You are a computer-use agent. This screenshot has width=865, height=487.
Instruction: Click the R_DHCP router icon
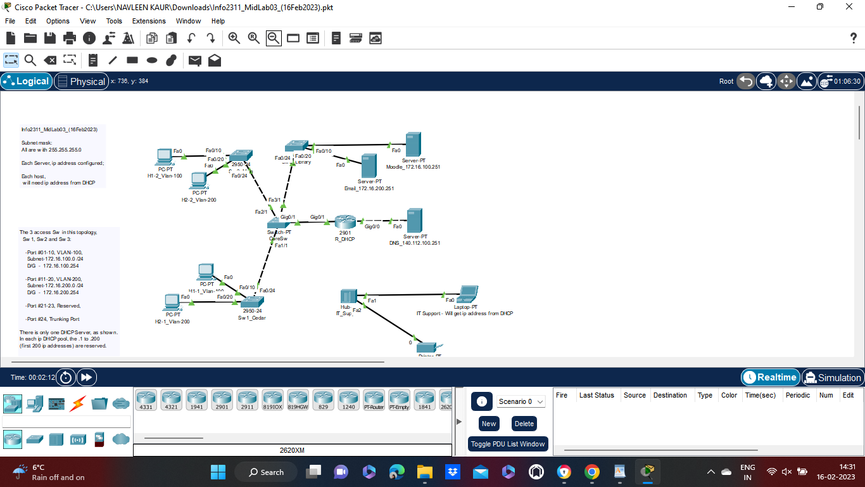click(346, 222)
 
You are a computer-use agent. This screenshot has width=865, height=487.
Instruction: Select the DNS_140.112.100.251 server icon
click(414, 220)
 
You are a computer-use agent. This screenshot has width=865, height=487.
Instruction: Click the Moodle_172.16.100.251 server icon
click(414, 145)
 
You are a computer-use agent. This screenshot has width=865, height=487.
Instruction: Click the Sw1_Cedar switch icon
click(251, 302)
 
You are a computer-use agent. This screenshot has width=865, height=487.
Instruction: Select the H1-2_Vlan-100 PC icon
click(165, 156)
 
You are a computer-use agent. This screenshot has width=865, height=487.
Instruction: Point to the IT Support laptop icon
click(469, 294)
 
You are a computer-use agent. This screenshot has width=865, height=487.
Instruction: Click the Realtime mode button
click(770, 377)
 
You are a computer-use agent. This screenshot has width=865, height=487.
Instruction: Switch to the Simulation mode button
click(832, 377)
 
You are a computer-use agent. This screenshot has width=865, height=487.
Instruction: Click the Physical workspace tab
click(80, 81)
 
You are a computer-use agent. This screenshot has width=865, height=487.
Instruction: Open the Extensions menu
click(149, 21)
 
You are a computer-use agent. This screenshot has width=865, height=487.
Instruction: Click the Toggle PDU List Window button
click(508, 444)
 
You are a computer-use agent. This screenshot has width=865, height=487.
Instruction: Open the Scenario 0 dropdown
click(521, 401)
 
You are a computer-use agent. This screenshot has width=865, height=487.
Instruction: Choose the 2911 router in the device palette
click(247, 399)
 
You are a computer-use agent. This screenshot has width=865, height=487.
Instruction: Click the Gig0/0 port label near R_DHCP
click(372, 226)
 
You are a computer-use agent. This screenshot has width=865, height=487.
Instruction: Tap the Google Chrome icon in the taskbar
click(592, 472)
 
